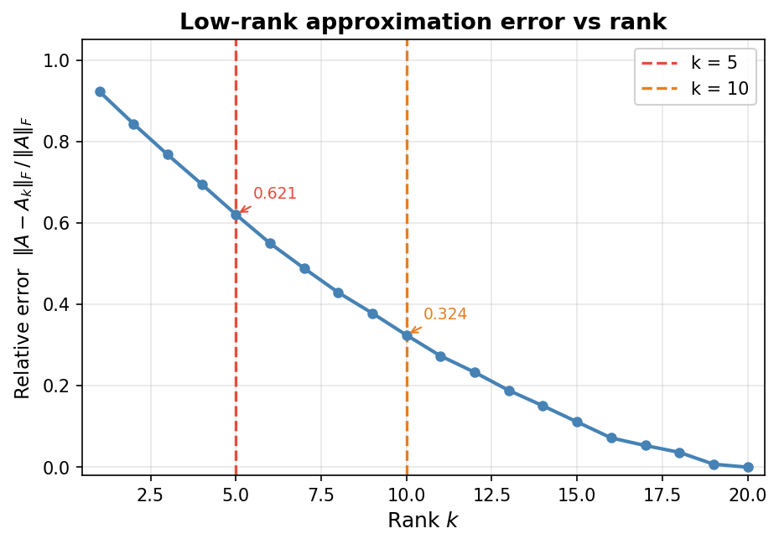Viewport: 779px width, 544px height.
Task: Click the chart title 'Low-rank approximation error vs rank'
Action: click(x=423, y=23)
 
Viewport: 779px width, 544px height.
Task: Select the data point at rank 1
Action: click(x=100, y=91)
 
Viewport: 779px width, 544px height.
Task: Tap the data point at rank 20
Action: click(x=748, y=467)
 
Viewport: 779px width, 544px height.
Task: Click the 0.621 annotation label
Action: click(x=275, y=194)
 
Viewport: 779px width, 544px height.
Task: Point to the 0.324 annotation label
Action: click(x=445, y=314)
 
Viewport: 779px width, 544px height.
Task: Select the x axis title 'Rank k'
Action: click(x=423, y=521)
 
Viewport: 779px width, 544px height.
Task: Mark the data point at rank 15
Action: click(x=577, y=422)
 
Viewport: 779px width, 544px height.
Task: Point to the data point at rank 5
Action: click(x=236, y=215)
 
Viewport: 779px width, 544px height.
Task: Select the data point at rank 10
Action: click(x=407, y=335)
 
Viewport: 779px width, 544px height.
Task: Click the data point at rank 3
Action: click(x=168, y=154)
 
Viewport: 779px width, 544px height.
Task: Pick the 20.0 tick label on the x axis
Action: click(x=748, y=494)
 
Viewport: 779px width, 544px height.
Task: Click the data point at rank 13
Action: click(x=509, y=391)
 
